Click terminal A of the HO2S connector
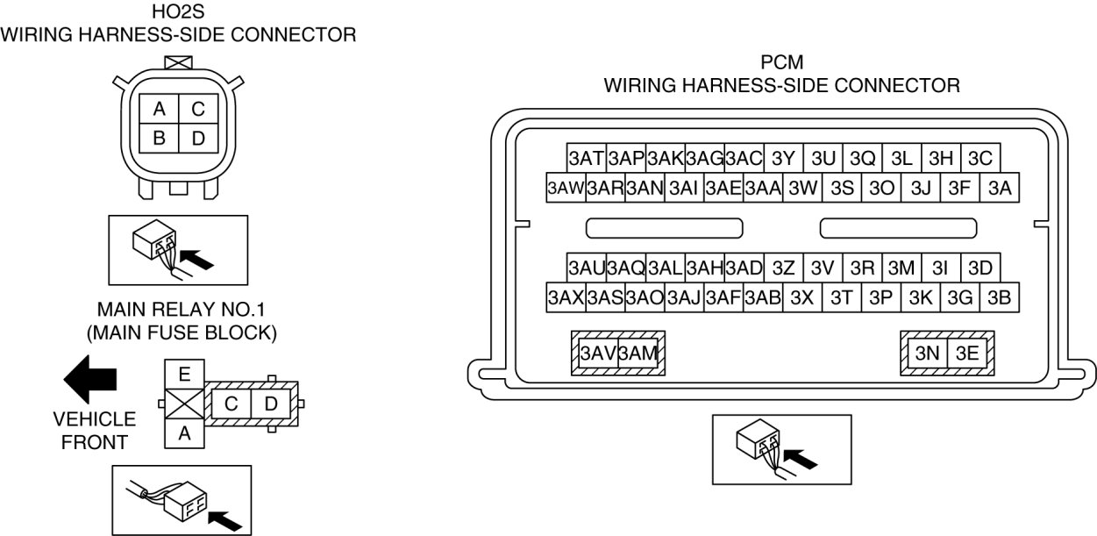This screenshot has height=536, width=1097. coord(160,109)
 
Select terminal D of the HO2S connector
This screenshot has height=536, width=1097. coord(199,138)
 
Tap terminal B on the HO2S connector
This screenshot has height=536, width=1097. coord(160,138)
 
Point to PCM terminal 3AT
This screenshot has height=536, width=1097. coord(586,159)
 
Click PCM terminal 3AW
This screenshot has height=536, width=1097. coord(565,188)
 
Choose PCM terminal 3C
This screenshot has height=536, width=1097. coord(980,159)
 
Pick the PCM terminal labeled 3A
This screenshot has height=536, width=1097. coord(1000,188)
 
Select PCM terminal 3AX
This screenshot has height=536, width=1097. coord(566,297)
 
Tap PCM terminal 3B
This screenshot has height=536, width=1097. coord(1000,297)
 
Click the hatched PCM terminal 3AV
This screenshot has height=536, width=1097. coord(598,354)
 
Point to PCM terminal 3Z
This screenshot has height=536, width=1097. coord(784,268)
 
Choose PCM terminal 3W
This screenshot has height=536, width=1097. coord(803,188)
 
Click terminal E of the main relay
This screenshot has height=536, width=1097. coord(184,375)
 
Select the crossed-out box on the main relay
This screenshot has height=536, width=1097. coord(184,404)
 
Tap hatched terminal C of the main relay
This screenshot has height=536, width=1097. coord(232,404)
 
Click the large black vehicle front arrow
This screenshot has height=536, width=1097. coord(91,380)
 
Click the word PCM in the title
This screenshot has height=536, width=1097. coord(782,63)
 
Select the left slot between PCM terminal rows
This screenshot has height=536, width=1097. coord(664,228)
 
